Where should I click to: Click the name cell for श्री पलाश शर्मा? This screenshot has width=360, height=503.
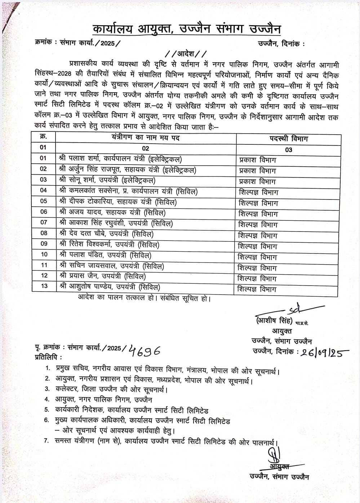point(120,159)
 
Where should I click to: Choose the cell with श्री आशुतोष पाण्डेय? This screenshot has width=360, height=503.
point(110,287)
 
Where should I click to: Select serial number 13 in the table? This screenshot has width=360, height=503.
point(44,287)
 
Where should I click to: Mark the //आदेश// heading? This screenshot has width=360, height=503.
point(186,54)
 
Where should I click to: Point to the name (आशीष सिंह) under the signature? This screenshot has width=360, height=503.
point(274,321)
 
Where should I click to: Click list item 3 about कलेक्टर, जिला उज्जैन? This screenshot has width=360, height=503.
point(112,390)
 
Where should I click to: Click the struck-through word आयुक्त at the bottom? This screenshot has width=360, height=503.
point(279,467)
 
